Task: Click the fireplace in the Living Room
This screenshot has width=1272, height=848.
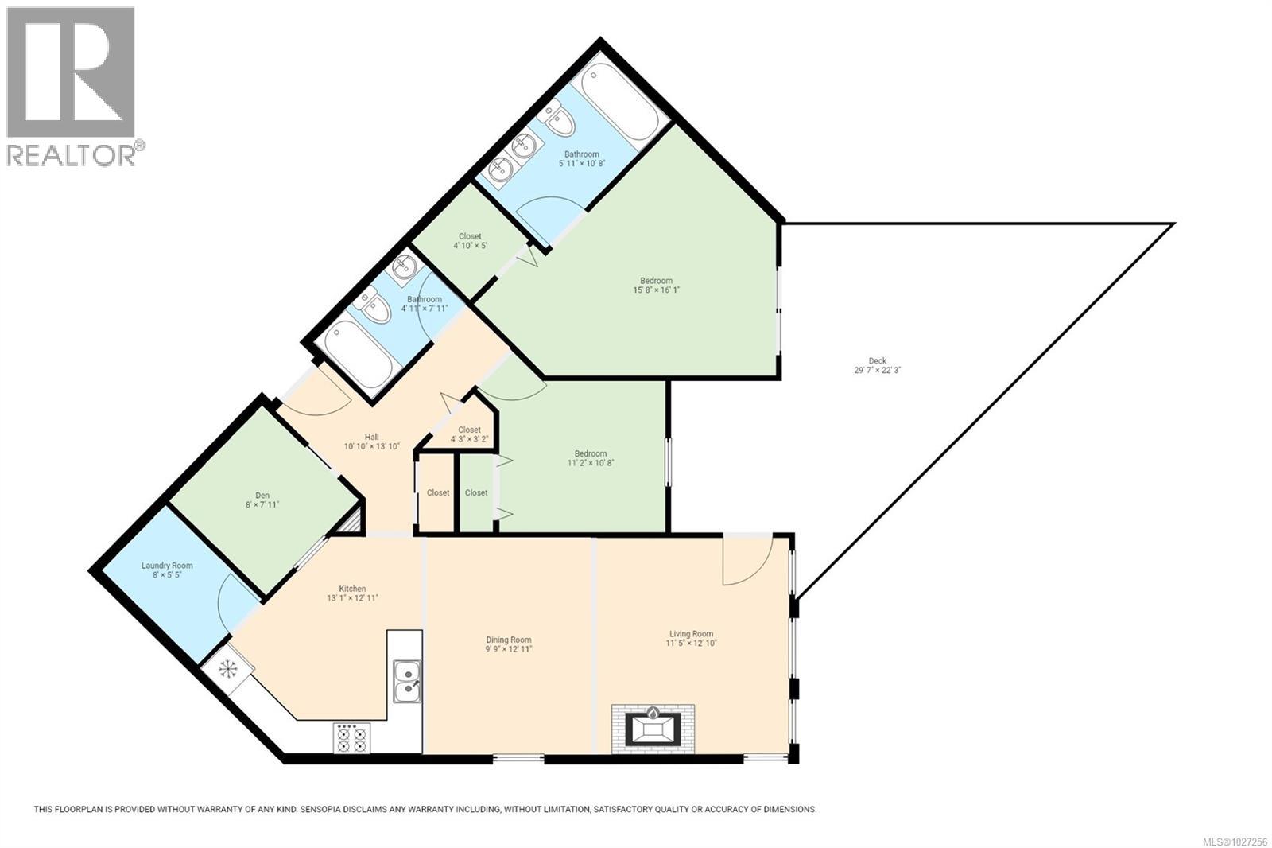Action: point(653,728)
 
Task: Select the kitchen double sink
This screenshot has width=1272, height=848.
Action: point(407,682)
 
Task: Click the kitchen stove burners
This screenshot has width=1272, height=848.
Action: point(351,737)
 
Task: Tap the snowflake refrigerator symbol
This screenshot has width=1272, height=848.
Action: point(228,668)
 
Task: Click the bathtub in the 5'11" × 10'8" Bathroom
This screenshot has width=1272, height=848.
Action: point(621,103)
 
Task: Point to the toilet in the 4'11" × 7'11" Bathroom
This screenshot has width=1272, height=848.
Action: point(373,307)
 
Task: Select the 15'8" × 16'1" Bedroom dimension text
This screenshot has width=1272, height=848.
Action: point(656,290)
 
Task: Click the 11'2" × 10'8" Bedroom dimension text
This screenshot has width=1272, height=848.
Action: point(591,463)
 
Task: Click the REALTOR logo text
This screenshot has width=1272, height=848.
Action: point(72,154)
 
